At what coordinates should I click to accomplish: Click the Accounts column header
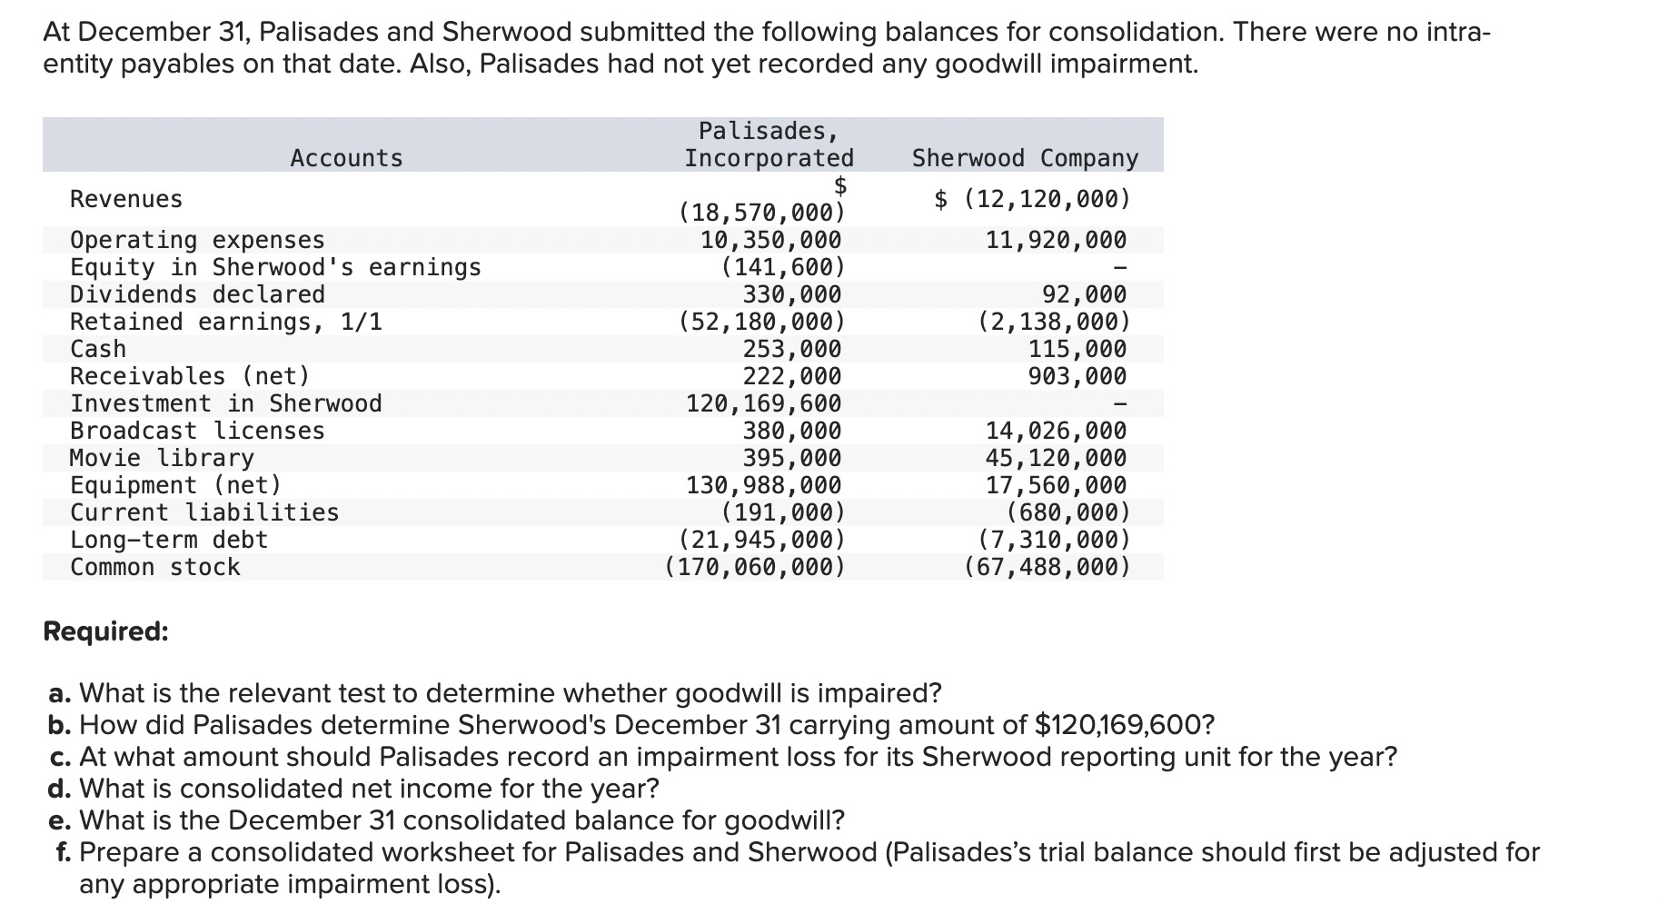click(x=346, y=158)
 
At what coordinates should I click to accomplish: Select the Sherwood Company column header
click(x=1024, y=158)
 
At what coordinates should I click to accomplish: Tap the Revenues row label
click(x=126, y=199)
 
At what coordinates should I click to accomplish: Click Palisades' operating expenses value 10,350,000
click(x=770, y=240)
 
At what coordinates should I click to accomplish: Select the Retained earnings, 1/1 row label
click(x=226, y=322)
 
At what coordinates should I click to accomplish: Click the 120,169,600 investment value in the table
click(x=763, y=403)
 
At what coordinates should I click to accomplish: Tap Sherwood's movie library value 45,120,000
click(x=1056, y=458)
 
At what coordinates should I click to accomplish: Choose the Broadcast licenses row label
click(x=197, y=431)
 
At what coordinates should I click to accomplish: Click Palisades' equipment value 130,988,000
click(x=763, y=485)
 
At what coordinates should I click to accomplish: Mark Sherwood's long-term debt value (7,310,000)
click(x=1054, y=540)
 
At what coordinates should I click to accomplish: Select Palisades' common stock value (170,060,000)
click(x=754, y=567)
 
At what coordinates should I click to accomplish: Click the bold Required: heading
click(x=105, y=631)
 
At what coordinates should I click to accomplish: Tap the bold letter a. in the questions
click(x=60, y=693)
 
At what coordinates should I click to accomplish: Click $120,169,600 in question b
click(x=1124, y=725)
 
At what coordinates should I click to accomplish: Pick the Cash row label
click(x=98, y=349)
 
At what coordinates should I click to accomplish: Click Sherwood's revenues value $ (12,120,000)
click(x=1033, y=199)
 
